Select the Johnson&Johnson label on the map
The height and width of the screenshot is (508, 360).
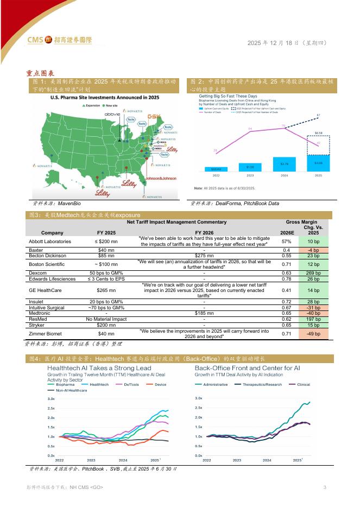pos(161,178)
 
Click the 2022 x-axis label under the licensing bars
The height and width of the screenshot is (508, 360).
pos(216,176)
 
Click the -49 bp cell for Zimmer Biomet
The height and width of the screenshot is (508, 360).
pos(313,334)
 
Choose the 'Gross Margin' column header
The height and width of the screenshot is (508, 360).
pos(301,223)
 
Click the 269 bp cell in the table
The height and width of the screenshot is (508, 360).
pos(313,272)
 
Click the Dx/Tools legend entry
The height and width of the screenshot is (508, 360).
pos(131,384)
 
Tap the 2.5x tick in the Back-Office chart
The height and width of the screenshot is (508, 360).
pos(199,408)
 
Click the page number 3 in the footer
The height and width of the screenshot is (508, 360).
pos(324,487)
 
